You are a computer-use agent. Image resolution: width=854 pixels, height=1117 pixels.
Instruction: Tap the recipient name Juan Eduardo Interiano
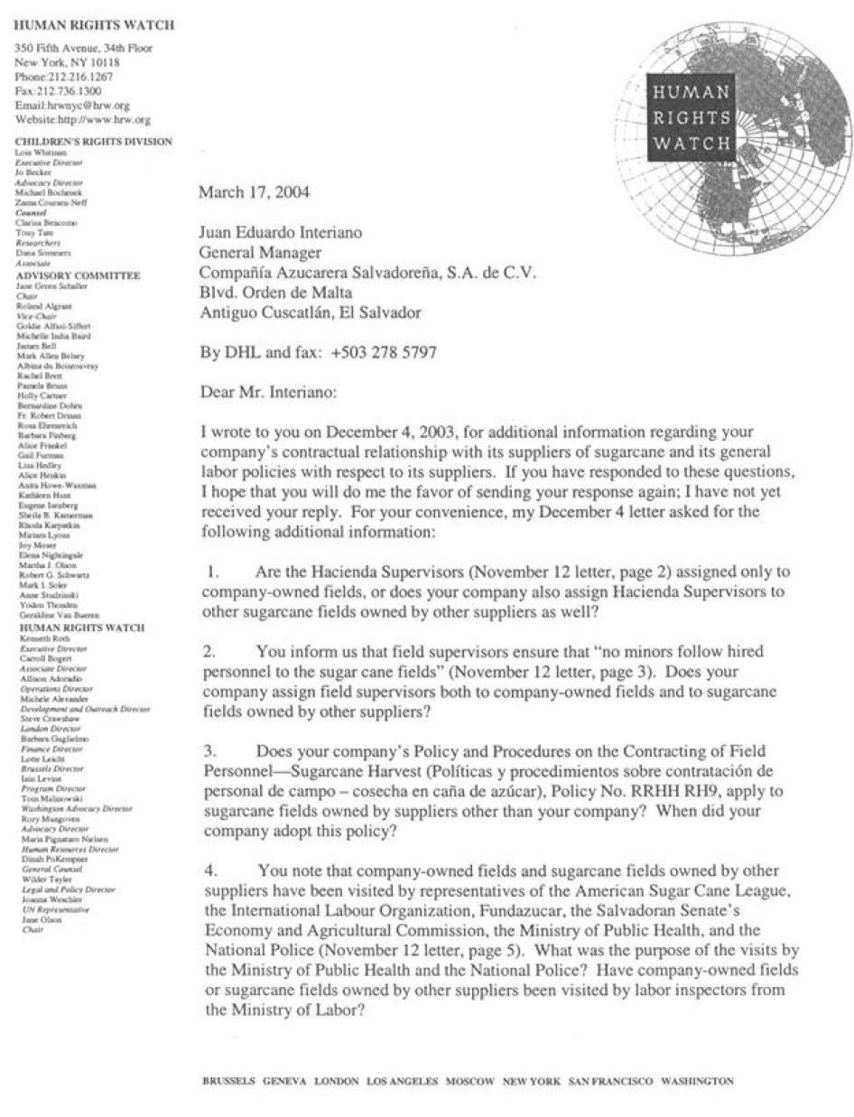[280, 232]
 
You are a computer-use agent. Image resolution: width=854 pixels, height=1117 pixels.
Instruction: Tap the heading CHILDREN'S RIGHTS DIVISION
[94, 142]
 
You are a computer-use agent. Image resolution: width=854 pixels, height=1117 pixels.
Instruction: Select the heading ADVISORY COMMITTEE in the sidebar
[78, 275]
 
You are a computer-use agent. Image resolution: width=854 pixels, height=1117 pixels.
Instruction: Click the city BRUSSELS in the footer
[228, 1081]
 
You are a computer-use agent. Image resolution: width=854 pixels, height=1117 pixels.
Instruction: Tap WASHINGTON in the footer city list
[697, 1081]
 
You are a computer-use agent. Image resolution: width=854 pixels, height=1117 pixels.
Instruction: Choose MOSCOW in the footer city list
[469, 1081]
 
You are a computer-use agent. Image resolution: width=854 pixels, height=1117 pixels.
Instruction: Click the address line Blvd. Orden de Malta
[275, 292]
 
